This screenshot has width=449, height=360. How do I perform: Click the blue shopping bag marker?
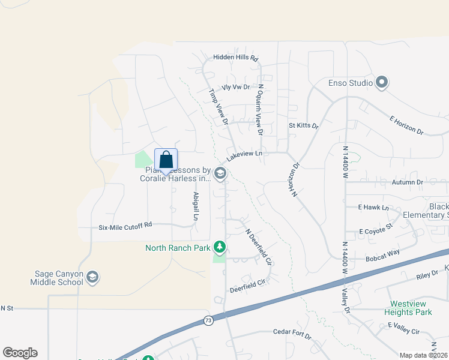(166, 160)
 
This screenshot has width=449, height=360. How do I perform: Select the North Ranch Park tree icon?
(220, 247)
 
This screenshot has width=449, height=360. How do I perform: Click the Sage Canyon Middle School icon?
(92, 277)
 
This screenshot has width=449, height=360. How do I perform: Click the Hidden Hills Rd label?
(235, 58)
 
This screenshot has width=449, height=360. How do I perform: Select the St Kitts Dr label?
(303, 126)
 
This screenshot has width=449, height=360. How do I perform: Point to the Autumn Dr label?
(408, 182)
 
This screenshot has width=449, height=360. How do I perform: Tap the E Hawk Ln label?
(374, 208)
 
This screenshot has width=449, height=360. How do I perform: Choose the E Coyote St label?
(375, 231)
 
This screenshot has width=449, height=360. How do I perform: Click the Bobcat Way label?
(382, 257)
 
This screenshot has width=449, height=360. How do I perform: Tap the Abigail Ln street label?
(196, 205)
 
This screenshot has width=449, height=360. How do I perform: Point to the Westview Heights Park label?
(411, 308)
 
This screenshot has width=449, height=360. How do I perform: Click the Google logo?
(20, 353)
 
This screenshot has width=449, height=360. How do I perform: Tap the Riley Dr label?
(427, 277)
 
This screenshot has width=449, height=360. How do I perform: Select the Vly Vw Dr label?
(235, 87)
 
